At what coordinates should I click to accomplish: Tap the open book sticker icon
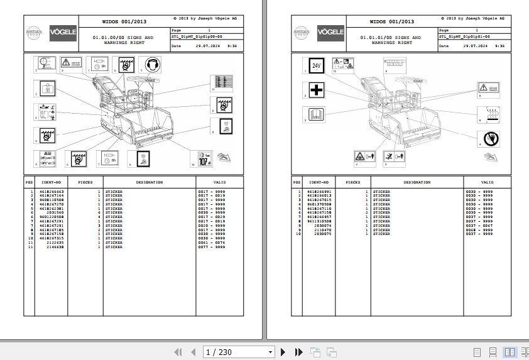coord(315,115)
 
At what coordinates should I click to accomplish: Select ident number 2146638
coord(53,247)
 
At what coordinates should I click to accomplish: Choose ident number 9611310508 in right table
coord(319,221)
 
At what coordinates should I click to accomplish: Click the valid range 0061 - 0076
coord(211,243)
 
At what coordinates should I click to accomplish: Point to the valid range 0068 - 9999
coord(479,230)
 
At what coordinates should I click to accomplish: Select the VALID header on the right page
coord(487,183)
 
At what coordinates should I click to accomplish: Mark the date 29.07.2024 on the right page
coord(472,46)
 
